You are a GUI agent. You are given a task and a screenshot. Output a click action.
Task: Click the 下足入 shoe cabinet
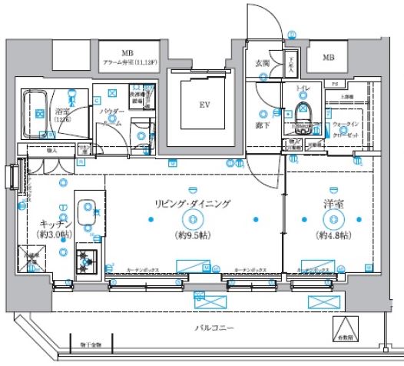292,65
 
